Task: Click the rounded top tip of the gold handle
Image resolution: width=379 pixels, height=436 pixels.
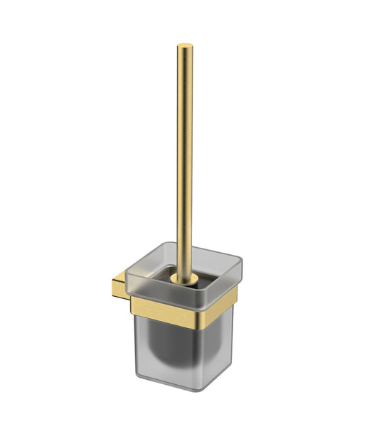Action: pyautogui.click(x=184, y=48)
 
